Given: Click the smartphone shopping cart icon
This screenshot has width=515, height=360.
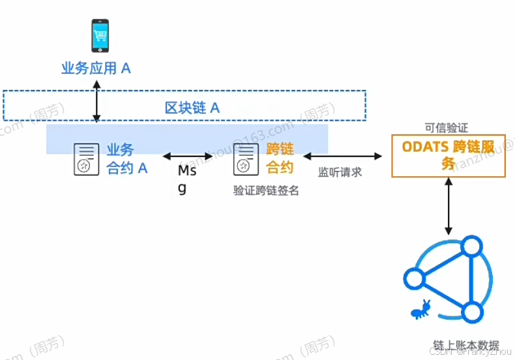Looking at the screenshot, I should tap(100, 36).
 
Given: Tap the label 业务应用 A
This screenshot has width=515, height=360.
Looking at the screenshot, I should tap(96, 68).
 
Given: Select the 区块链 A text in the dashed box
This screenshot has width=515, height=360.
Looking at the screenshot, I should tap(192, 108).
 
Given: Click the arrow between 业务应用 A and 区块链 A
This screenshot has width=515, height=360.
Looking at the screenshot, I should tap(96, 100).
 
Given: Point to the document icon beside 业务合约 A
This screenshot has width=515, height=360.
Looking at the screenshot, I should tap(83, 159).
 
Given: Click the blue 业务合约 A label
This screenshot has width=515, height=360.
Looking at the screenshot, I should tap(127, 158).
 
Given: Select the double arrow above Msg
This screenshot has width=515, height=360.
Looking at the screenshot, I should tap(188, 156).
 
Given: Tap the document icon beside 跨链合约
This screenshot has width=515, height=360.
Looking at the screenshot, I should tap(244, 159).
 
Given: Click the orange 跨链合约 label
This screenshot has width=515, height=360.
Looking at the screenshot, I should tap(280, 158).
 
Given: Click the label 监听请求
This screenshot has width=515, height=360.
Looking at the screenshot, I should tap(340, 172).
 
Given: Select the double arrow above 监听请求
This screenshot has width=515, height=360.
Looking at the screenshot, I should tap(342, 156).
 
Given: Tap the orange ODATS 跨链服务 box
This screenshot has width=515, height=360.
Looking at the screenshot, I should tap(448, 155).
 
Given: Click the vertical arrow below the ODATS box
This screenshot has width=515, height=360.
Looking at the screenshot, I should tap(449, 208).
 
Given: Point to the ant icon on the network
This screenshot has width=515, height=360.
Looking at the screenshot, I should tap(421, 308).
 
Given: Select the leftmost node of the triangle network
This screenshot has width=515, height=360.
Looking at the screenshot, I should tap(413, 278).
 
